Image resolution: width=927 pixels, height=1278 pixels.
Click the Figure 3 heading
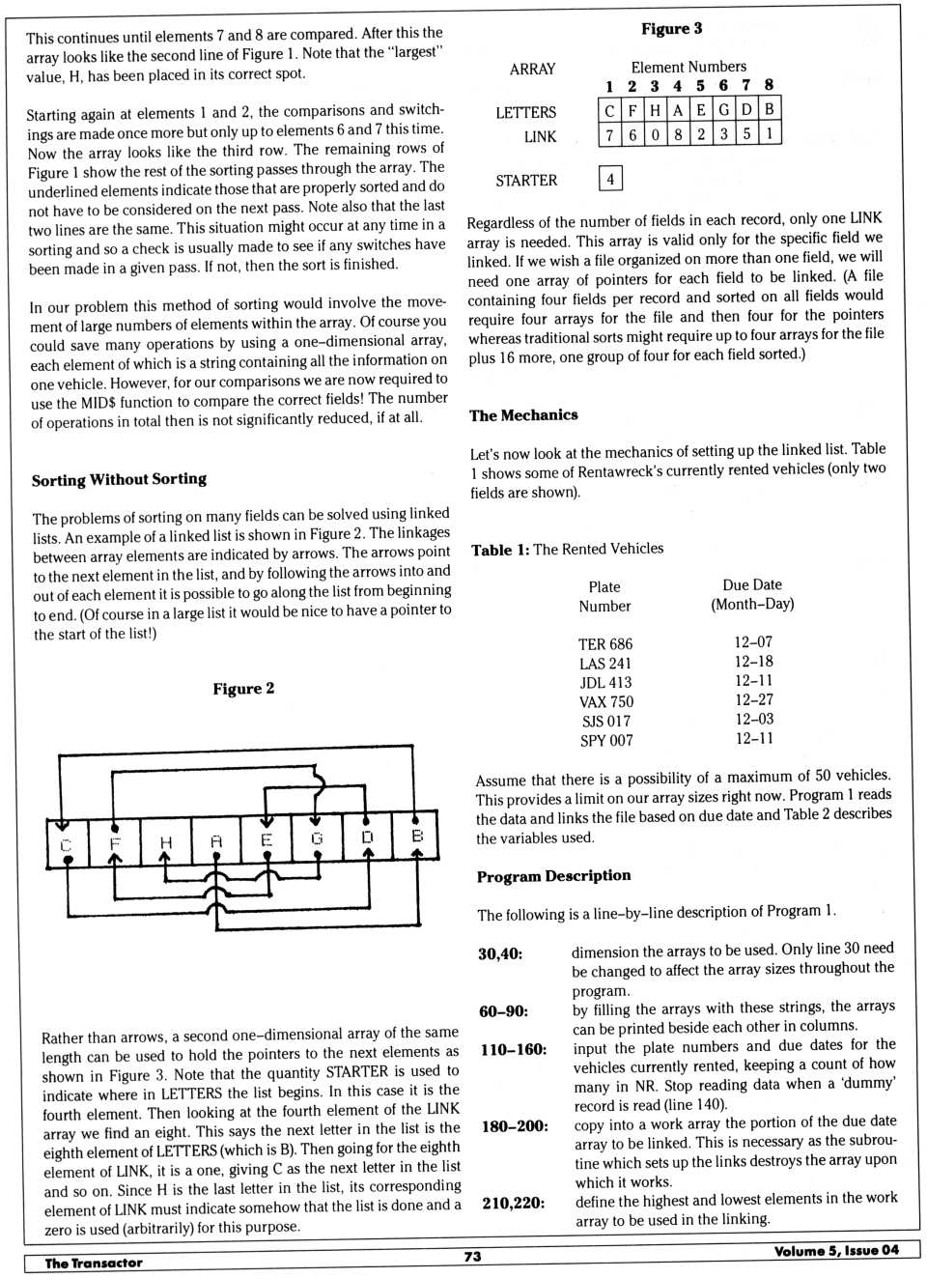pos(671,29)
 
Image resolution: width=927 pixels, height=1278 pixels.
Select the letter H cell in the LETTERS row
pos(656,110)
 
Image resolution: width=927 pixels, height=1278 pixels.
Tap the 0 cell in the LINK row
pos(656,134)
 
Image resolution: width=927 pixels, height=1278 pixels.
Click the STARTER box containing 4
pos(610,179)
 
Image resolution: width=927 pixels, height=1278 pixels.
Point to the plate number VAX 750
pos(606,702)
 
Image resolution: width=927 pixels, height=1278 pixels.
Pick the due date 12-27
pos(753,700)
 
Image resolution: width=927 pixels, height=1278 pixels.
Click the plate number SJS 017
pos(606,722)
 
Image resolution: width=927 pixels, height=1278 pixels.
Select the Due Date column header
pos(752,594)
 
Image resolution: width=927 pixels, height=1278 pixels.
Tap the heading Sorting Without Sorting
pos(119,479)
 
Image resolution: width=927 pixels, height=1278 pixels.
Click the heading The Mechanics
pos(523,415)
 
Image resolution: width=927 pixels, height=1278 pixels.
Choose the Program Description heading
pos(553,876)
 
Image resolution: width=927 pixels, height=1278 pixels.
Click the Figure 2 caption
pos(243,689)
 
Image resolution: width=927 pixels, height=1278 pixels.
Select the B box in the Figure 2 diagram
pos(417,837)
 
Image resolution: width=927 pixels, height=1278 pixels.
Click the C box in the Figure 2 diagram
pos(66,843)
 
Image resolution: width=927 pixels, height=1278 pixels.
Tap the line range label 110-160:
pos(513,1050)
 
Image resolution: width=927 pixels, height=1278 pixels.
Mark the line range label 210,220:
pos(512,1203)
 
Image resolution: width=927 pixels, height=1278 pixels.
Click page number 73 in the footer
pos(472,1257)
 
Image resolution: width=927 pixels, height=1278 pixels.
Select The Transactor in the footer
pos(94,1263)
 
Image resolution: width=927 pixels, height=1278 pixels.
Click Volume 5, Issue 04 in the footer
pos(835,1251)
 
